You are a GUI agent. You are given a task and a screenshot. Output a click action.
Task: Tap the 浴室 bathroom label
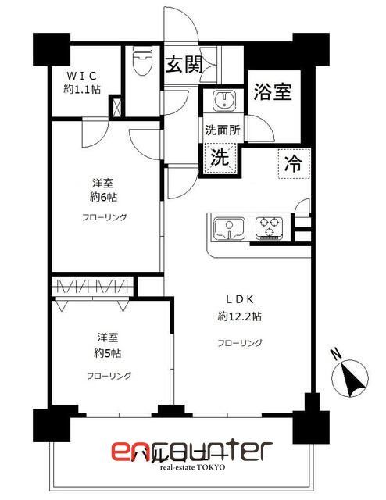tap(273, 92)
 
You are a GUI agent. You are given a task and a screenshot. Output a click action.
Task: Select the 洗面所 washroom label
tap(222, 130)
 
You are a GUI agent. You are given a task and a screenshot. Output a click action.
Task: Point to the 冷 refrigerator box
tap(293, 164)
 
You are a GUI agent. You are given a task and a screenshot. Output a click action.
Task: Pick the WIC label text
tap(81, 75)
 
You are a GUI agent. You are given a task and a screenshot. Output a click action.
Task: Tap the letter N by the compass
tap(336, 353)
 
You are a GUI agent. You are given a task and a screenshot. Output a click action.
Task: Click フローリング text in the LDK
tap(240, 342)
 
